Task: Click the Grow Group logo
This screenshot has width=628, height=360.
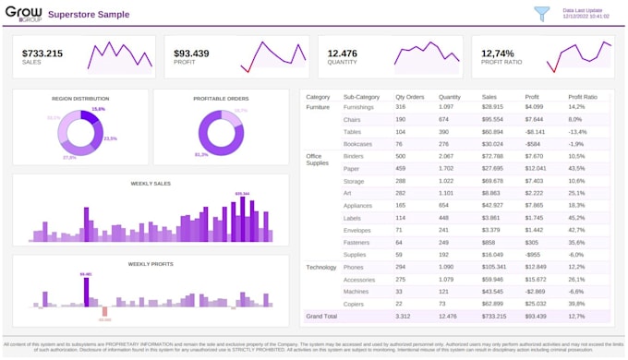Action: [x=23, y=14]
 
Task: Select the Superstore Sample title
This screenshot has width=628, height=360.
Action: [x=89, y=15]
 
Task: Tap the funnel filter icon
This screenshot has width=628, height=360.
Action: [x=542, y=14]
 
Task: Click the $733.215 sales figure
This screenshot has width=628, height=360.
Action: [x=42, y=54]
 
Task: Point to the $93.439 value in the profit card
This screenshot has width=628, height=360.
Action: [x=191, y=54]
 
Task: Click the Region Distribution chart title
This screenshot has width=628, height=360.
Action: [x=80, y=98]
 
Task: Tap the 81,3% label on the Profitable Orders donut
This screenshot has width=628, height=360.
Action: [x=201, y=155]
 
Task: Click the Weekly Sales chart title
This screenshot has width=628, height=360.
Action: [x=151, y=183]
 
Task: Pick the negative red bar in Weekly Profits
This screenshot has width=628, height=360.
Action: [x=104, y=311]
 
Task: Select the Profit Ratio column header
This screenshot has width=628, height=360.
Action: [x=583, y=97]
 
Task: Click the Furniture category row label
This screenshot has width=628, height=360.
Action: [x=318, y=107]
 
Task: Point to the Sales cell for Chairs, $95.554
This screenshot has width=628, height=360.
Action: [x=492, y=119]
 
